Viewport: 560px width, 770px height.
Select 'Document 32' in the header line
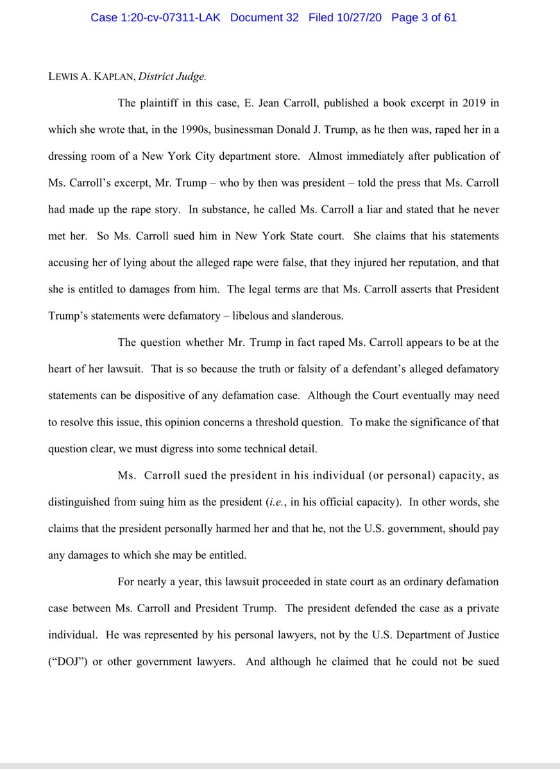point(264,17)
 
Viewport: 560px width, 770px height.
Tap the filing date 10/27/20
point(355,17)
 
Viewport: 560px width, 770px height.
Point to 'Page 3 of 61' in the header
point(423,17)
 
